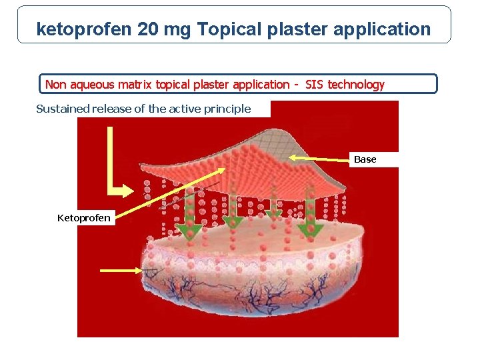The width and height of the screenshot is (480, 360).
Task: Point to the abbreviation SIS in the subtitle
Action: pyautogui.click(x=314, y=85)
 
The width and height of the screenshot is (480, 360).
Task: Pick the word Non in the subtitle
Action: pyautogui.click(x=55, y=85)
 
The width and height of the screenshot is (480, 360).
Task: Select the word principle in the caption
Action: pyautogui.click(x=228, y=109)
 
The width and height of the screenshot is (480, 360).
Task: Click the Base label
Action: pyautogui.click(x=365, y=159)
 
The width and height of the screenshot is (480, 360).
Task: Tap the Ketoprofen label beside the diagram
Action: pyautogui.click(x=84, y=218)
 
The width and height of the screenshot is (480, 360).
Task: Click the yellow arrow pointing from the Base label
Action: pyautogui.click(x=319, y=158)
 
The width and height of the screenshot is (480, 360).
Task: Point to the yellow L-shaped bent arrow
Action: pyautogui.click(x=113, y=180)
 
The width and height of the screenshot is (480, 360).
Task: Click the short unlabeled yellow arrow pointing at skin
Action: pyautogui.click(x=121, y=270)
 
